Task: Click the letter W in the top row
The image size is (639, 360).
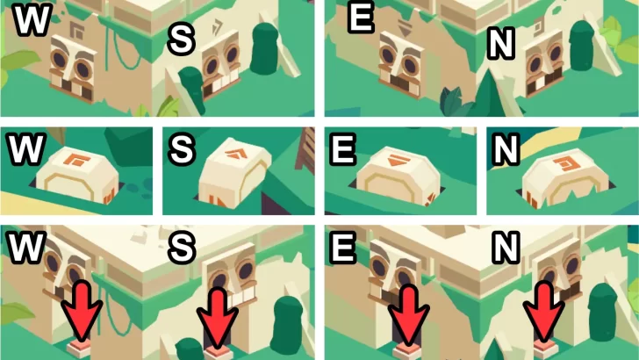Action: click(x=32, y=18)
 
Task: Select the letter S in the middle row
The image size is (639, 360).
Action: click(x=182, y=148)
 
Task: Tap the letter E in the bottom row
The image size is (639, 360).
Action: click(x=343, y=247)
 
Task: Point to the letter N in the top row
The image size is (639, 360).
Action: click(x=500, y=44)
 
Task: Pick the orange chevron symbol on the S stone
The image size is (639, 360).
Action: click(x=235, y=155)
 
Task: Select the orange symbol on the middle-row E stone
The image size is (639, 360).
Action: click(x=398, y=160)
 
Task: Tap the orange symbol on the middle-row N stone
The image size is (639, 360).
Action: click(x=564, y=164)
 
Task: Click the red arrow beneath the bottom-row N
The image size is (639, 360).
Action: click(x=544, y=312)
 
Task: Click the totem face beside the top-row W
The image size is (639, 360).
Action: click(x=73, y=68)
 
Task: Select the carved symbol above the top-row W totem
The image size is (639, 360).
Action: click(x=76, y=30)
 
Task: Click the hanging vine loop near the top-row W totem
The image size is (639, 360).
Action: click(x=121, y=48)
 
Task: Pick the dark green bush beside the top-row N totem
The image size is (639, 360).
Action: click(x=582, y=46)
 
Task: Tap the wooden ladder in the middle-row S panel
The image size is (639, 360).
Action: click(x=306, y=149)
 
